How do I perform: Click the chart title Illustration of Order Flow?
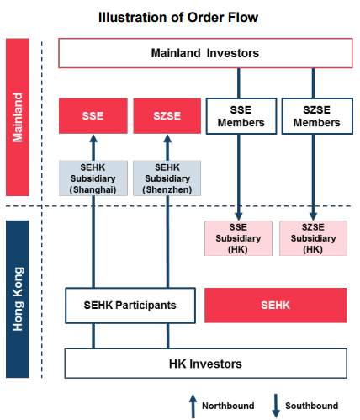coord(178,18)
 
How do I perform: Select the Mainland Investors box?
coord(205,53)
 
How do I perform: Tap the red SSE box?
coord(93,116)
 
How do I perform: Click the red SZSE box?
coord(167,116)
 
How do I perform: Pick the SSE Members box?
coord(241,116)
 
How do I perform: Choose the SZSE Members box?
coord(317,116)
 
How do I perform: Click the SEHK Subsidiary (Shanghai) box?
coord(93,178)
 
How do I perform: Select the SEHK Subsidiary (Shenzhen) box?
coord(167,178)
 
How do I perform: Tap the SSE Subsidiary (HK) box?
coord(238,238)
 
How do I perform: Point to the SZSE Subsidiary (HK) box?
coord(313,238)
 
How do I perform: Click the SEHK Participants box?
coord(130,306)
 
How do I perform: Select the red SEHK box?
coord(276,306)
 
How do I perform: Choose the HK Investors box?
coord(206,364)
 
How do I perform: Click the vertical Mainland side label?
coord(18,117)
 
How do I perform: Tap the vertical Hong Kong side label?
coord(18,299)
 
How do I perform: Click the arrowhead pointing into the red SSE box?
coord(93,139)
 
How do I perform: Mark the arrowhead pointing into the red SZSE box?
coord(167,139)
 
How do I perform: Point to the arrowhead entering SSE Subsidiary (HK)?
coord(239,216)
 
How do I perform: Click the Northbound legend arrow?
coord(193,407)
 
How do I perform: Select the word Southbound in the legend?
coord(311,406)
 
